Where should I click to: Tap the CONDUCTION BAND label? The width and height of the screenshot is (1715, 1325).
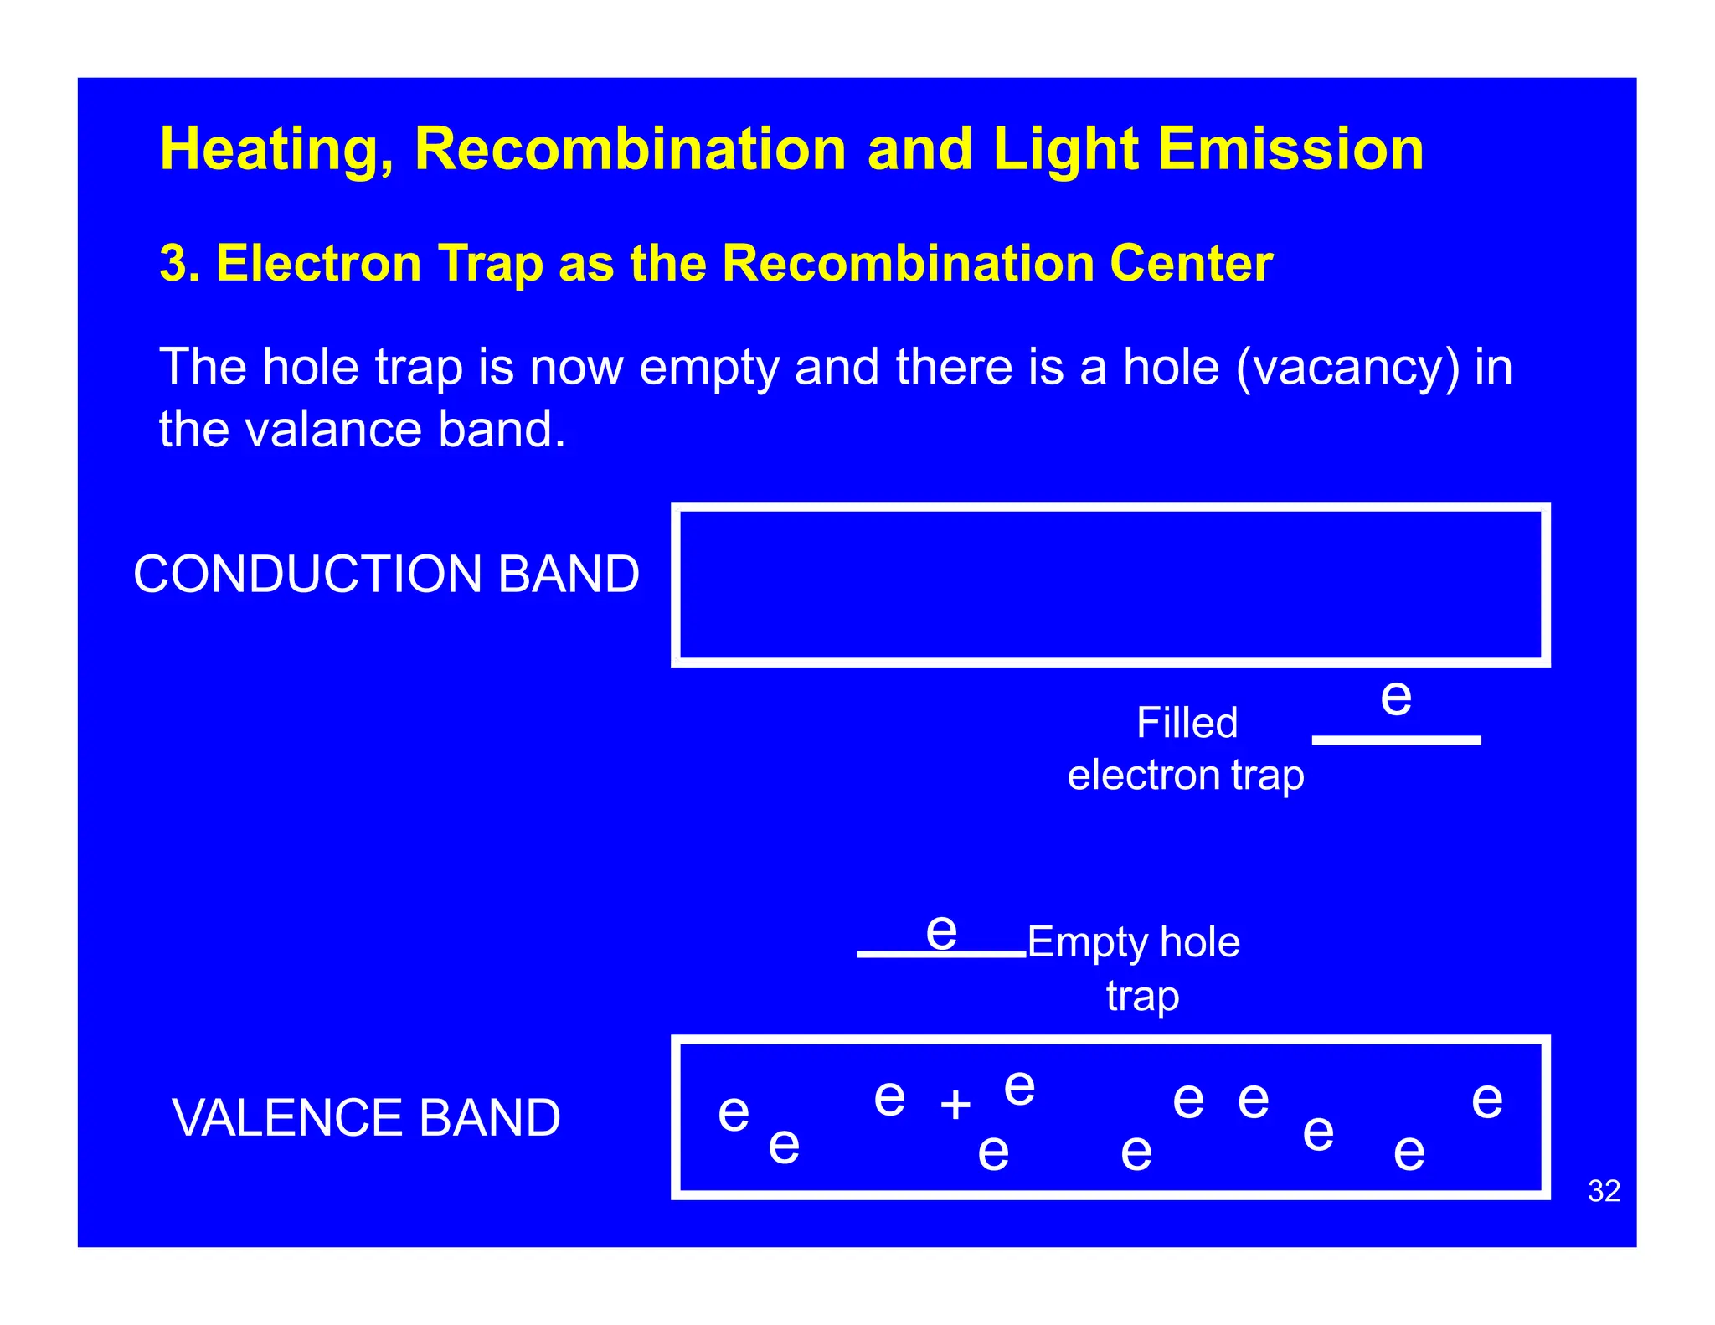(386, 575)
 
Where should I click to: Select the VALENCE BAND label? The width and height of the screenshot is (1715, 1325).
(366, 1118)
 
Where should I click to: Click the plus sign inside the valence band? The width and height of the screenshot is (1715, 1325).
(955, 1105)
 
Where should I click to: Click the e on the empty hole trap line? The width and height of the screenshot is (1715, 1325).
(941, 931)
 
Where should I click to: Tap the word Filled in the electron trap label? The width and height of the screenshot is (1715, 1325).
(1187, 723)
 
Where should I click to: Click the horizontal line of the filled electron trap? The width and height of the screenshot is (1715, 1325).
(1396, 740)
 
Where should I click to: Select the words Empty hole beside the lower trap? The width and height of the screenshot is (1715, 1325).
(1133, 942)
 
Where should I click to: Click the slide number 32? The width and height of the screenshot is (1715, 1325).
(1604, 1191)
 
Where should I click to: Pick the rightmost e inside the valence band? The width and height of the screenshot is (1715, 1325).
(1487, 1100)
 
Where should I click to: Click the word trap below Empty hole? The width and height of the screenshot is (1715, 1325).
(1142, 997)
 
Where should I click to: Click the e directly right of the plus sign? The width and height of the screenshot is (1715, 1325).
(1019, 1089)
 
